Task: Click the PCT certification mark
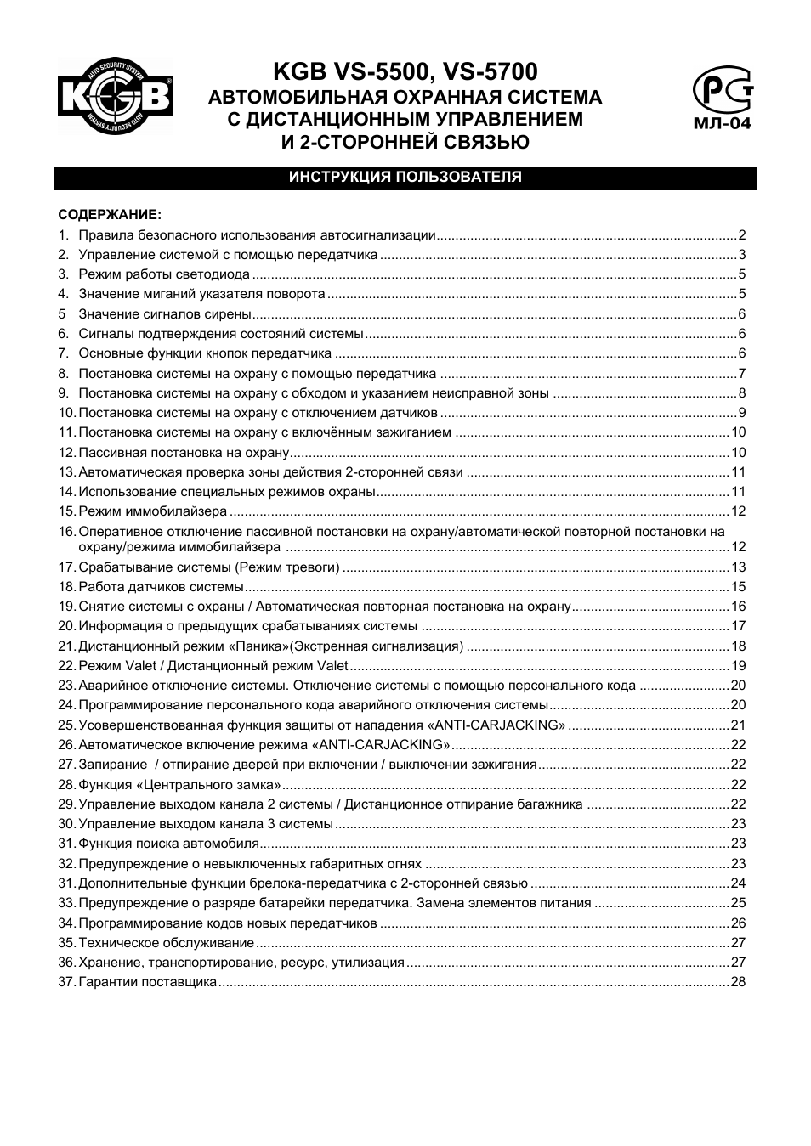tap(722, 89)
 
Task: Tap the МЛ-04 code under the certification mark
tap(723, 122)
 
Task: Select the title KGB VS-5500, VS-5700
tap(405, 71)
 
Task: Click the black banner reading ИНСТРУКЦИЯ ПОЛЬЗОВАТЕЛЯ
tap(405, 178)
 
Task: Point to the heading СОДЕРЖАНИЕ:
tap(110, 215)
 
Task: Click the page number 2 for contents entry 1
tap(741, 235)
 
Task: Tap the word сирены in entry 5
tap(230, 314)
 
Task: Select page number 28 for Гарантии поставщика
tap(738, 982)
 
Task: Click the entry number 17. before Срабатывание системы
tap(67, 567)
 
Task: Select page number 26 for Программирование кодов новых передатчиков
tap(738, 923)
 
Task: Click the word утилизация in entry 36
tap(368, 963)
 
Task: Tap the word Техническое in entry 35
tap(120, 943)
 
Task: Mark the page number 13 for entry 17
tap(738, 567)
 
